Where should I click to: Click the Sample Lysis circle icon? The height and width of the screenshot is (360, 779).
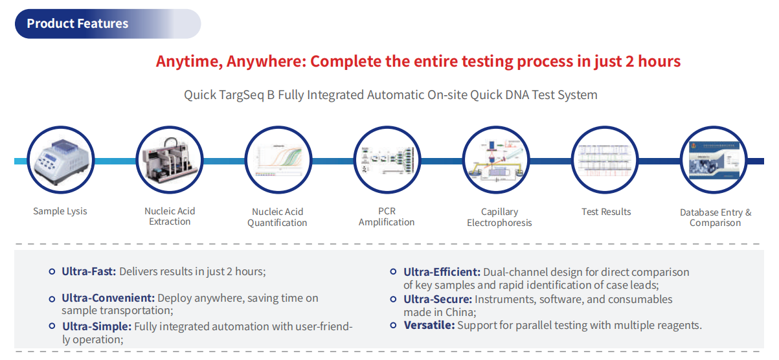click(x=60, y=160)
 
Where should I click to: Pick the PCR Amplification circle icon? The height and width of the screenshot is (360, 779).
click(x=387, y=160)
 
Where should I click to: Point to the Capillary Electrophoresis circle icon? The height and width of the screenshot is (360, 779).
click(x=497, y=160)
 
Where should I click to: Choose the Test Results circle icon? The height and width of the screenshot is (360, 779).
click(x=605, y=160)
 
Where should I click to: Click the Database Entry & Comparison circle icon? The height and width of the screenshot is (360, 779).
click(x=714, y=160)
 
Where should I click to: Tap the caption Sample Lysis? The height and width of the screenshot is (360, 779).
click(x=60, y=211)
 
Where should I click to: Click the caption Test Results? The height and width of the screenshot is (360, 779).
click(x=606, y=212)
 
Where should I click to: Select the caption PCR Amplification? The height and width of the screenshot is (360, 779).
click(x=387, y=217)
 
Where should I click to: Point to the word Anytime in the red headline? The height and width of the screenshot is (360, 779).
click(x=187, y=62)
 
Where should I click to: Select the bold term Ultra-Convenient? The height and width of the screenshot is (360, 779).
click(x=108, y=298)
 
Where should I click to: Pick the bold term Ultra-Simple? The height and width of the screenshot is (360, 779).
click(x=96, y=326)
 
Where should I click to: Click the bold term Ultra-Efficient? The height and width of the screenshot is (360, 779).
click(x=442, y=272)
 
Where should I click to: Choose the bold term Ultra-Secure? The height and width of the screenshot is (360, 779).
click(x=438, y=299)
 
